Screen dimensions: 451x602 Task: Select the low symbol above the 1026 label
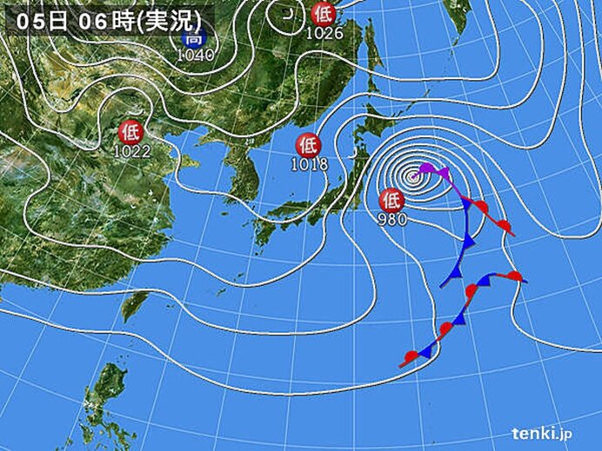point(323,14)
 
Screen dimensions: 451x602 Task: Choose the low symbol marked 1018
point(307,144)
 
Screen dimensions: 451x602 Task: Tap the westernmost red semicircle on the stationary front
point(411,356)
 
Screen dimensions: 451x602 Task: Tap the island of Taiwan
point(133,304)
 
